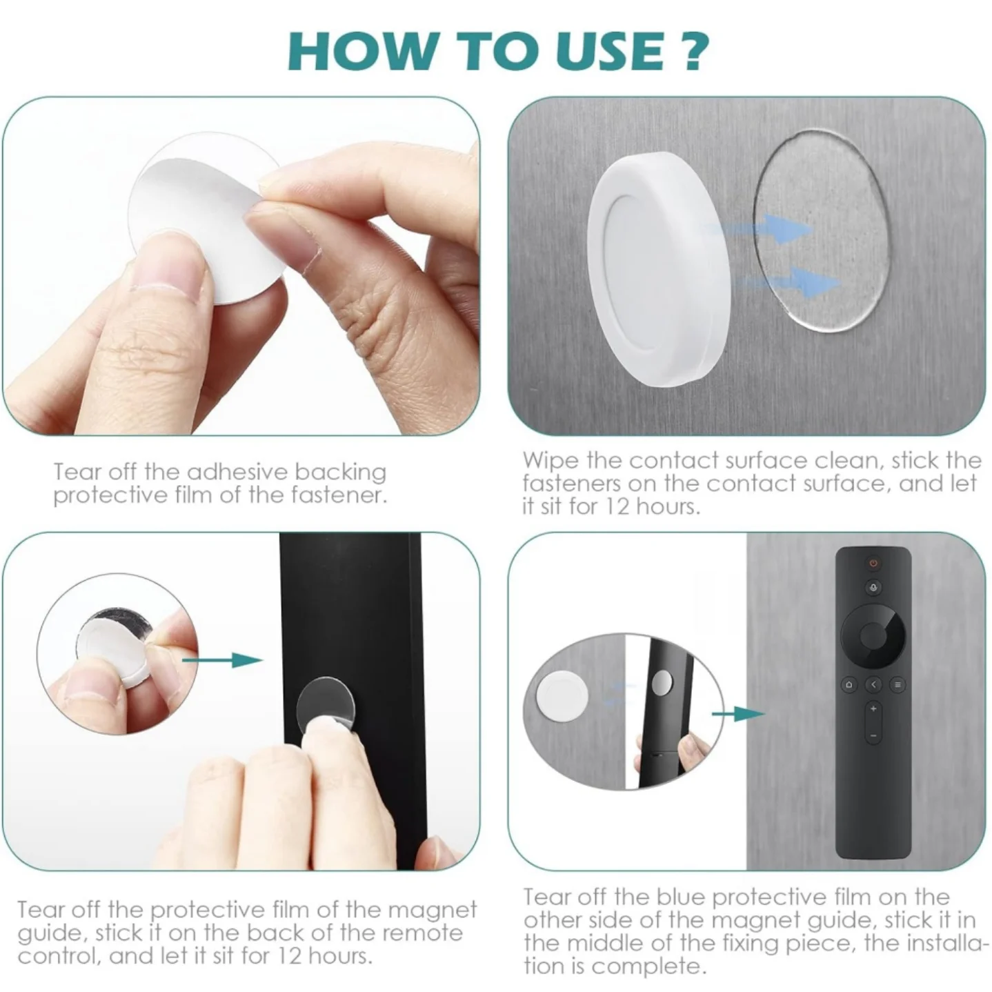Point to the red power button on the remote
[x=873, y=564]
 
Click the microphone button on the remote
[x=873, y=588]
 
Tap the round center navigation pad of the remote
[x=873, y=633]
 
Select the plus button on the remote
[x=873, y=708]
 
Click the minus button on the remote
[x=873, y=735]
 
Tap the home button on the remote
[x=849, y=685]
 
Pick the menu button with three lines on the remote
[x=897, y=685]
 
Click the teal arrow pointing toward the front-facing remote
[x=737, y=713]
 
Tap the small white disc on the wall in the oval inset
[x=563, y=695]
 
